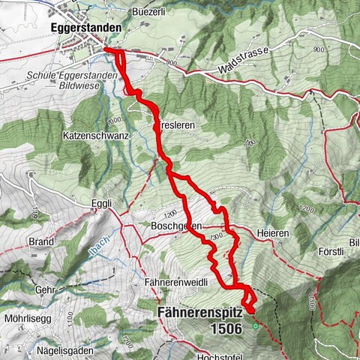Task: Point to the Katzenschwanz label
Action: (x=96, y=137)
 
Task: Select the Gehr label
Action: (x=46, y=289)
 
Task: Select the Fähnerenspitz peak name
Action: (x=203, y=312)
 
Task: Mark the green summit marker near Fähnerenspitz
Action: (x=256, y=326)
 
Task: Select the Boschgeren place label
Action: (x=163, y=225)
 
